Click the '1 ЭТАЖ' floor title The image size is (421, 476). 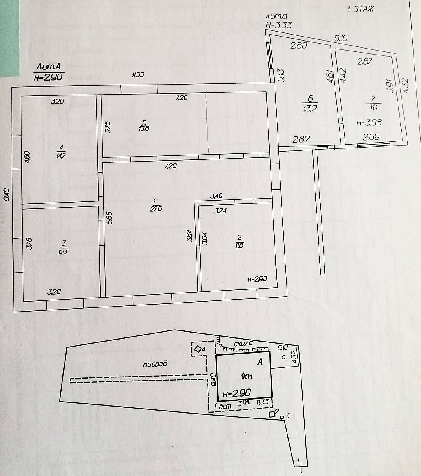pos(361,9)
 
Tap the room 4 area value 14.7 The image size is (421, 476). pos(61,155)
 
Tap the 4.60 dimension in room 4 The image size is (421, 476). pos(28,158)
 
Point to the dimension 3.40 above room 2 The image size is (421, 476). pos(216,196)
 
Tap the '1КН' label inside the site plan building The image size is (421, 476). pos(247,376)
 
